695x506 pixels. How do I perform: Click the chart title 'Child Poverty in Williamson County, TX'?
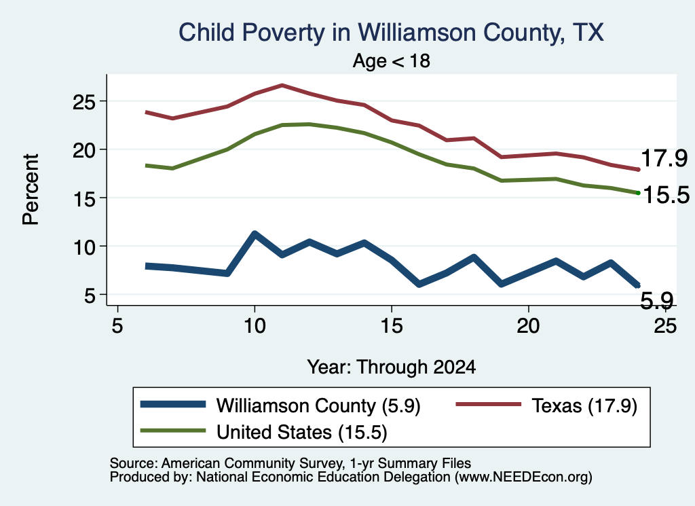click(391, 33)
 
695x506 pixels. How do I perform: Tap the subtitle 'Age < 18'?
click(392, 60)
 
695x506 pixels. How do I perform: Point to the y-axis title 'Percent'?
click(31, 189)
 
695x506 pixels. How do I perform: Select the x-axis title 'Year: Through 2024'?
click(392, 367)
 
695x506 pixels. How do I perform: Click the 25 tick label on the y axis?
click(84, 103)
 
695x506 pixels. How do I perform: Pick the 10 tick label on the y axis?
click(84, 247)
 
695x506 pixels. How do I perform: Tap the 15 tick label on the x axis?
click(392, 326)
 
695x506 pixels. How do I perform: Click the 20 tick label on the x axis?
click(528, 326)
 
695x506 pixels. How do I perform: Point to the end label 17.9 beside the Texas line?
click(664, 158)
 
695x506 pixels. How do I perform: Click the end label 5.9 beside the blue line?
click(657, 301)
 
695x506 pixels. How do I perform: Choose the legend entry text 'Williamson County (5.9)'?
click(318, 405)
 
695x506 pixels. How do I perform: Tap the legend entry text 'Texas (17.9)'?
click(584, 405)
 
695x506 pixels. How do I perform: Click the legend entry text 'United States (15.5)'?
click(302, 432)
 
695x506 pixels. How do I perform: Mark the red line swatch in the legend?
click(489, 404)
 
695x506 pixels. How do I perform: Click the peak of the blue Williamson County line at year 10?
click(255, 234)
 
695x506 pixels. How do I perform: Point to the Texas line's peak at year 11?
click(282, 85)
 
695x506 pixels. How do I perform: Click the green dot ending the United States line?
click(638, 193)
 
